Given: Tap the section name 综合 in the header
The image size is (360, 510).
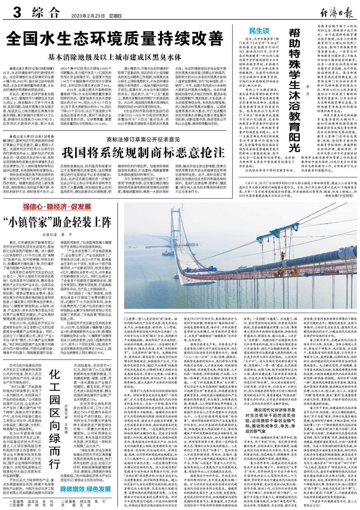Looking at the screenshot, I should pyautogui.click(x=45, y=13).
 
